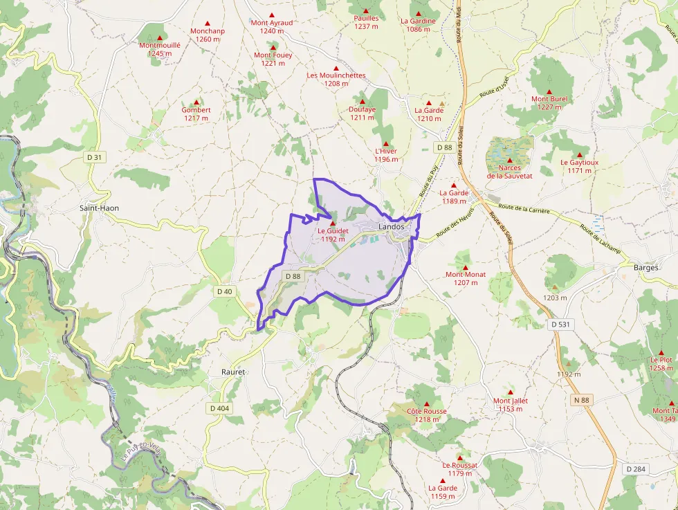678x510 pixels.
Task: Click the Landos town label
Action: [392, 227]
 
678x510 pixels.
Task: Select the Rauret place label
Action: [233, 372]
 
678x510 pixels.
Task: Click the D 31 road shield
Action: [95, 158]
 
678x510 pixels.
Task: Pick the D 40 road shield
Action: [225, 291]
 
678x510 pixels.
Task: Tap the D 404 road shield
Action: [219, 408]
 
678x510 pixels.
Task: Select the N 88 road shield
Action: [582, 400]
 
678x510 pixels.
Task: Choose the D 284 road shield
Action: [637, 468]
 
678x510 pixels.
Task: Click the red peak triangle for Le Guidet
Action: [333, 224]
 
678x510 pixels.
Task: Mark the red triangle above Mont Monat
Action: [465, 268]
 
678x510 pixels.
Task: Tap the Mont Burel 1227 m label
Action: [549, 102]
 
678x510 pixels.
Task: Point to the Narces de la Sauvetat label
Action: [509, 172]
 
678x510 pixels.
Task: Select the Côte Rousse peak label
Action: [427, 415]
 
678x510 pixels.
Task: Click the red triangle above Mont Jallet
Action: [511, 392]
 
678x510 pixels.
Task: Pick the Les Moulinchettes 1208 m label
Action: [336, 79]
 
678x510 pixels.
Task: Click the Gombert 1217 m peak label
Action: [196, 113]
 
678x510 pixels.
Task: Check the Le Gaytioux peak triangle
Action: [579, 154]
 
